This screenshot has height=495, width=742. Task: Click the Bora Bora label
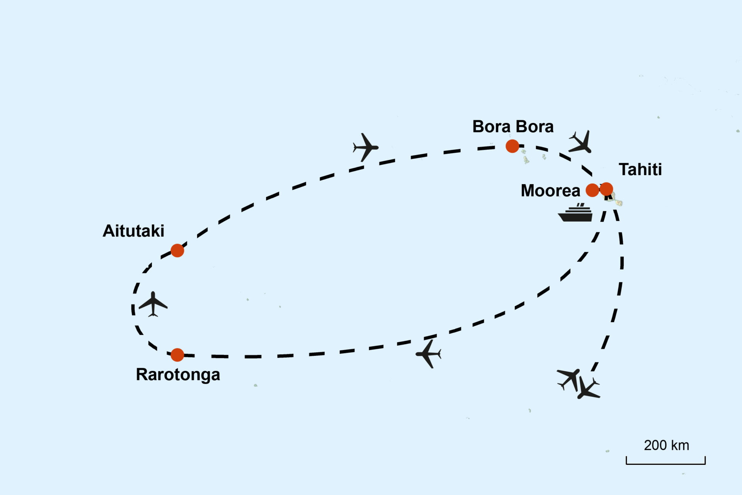click(x=513, y=127)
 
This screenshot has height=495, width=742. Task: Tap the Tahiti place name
click(x=640, y=169)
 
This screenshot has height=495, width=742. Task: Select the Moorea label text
click(x=550, y=191)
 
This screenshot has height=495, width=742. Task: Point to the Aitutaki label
click(x=133, y=231)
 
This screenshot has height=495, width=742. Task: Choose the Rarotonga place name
click(x=178, y=374)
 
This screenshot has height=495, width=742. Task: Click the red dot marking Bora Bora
click(x=512, y=146)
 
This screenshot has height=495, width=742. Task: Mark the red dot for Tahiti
click(x=606, y=189)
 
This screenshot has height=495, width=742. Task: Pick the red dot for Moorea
click(x=592, y=190)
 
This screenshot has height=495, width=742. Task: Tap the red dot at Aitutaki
click(x=177, y=251)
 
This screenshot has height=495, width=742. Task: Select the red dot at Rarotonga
click(x=177, y=355)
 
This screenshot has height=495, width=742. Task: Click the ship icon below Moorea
click(x=576, y=213)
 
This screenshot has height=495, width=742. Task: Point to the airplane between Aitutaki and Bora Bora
click(x=365, y=147)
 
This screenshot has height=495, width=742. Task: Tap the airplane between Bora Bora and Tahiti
click(x=581, y=142)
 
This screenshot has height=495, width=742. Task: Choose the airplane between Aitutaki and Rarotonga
click(x=153, y=304)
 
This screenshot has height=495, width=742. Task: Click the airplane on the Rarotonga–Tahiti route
click(x=429, y=353)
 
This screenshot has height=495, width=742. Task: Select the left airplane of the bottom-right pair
click(x=568, y=378)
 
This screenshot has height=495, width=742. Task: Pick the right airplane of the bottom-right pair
click(x=588, y=389)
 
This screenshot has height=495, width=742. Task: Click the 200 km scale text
click(x=666, y=445)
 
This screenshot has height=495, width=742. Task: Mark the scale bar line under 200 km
click(x=665, y=463)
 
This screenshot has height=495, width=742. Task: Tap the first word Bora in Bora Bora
click(x=491, y=127)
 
